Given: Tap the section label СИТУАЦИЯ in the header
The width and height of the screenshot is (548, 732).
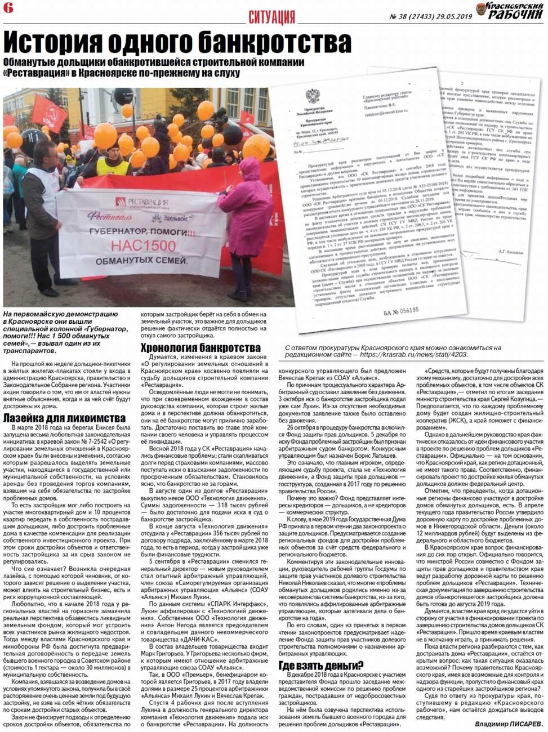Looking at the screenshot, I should (x=271, y=17).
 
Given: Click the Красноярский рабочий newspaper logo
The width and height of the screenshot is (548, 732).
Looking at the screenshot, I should (x=509, y=10).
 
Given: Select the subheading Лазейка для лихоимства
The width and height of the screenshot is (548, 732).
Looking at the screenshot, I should (x=64, y=418).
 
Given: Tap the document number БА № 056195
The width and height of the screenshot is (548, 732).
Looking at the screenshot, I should (x=402, y=310).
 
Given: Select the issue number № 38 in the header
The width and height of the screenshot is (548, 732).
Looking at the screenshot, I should (x=399, y=16).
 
